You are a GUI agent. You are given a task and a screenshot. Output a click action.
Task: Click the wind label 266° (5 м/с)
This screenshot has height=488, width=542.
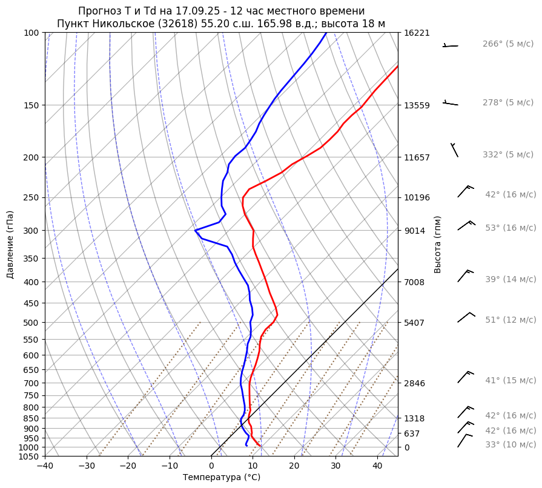coord(507,44)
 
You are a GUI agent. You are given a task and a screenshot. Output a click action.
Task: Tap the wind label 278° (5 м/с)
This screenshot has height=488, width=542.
coord(507,103)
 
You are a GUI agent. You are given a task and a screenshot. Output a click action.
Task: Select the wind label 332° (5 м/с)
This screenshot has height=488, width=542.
coord(507,155)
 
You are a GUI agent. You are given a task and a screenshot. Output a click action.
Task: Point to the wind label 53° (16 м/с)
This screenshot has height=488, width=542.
coord(510,228)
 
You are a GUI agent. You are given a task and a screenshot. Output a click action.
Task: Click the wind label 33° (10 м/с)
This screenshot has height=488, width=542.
coord(510,444)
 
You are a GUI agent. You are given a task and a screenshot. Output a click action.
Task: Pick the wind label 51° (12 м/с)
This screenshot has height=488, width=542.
coord(510,320)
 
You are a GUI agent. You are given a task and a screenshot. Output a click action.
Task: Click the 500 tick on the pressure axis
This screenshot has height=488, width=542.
coord(31,323)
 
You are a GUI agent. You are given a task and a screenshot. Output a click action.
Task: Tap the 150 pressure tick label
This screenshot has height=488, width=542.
coord(31,105)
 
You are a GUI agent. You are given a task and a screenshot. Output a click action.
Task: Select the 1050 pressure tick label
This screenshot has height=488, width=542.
coord(28,457)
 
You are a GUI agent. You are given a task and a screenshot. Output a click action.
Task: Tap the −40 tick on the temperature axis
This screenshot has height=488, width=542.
coord(45,466)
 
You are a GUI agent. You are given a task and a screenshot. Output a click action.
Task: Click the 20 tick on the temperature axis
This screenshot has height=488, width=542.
coord(294,466)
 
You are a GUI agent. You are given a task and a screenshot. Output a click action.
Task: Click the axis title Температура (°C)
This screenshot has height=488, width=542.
coord(222,478)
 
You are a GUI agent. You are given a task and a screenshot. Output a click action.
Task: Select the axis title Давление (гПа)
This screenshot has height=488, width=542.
coord(10,245)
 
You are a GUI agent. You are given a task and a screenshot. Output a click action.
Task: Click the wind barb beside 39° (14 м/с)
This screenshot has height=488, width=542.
coord(465,275)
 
